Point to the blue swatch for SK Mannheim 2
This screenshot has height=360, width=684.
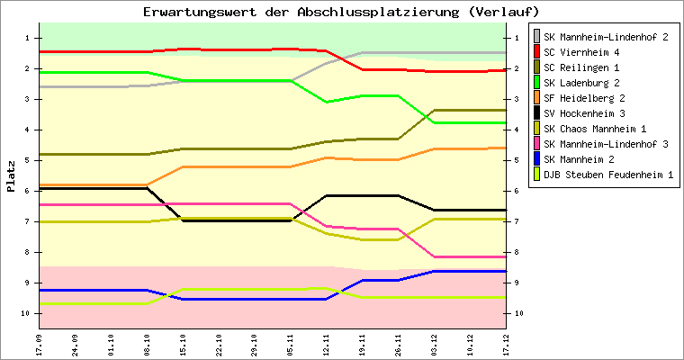tap(537, 159)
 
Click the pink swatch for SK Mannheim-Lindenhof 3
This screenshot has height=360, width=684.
tap(537, 144)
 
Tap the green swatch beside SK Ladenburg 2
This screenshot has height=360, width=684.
tap(537, 83)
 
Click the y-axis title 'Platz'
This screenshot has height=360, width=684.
tap(11, 176)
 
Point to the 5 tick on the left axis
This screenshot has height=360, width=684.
tap(28, 160)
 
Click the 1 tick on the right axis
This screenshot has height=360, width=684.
tap(514, 38)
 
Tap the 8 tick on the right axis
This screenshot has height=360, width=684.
tap(514, 252)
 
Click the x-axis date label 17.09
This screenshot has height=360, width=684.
tap(40, 344)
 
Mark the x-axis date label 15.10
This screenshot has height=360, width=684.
tap(183, 344)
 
